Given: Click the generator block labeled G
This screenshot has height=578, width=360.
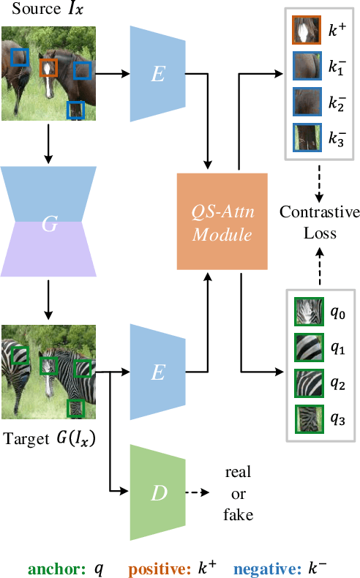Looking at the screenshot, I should [49, 222].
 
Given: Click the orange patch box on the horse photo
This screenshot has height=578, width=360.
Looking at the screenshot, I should [48, 68].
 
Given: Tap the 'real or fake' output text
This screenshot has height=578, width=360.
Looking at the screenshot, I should [238, 494].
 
